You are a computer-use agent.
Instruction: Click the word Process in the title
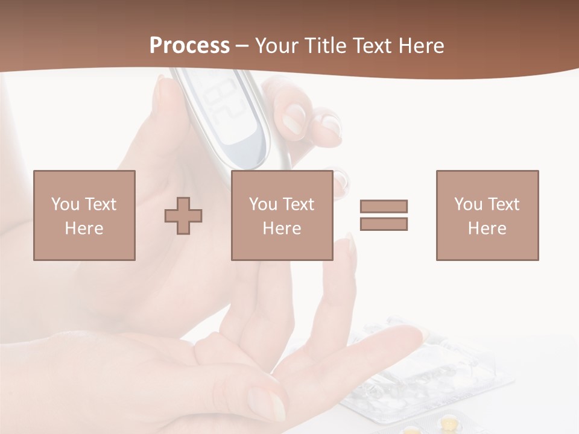pos(189,46)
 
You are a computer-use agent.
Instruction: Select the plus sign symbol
pos(183,215)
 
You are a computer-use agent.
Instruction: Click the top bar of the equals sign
pos(384,206)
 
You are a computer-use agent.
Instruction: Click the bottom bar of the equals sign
pos(384,224)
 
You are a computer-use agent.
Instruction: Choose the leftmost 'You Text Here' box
pos(84,215)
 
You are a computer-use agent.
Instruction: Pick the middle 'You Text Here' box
pos(282,215)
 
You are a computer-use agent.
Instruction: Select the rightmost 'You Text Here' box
pos(487,215)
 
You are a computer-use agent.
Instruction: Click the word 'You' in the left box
pos(65,204)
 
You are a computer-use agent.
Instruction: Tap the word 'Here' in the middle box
pos(282,228)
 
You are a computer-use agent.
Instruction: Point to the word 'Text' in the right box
pos(503,204)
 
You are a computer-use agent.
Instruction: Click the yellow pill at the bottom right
pos(449,423)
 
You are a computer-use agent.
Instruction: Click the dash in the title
pos(242,46)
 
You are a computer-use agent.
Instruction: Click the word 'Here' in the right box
pos(487,228)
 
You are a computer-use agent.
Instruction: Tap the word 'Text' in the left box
pos(100,204)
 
